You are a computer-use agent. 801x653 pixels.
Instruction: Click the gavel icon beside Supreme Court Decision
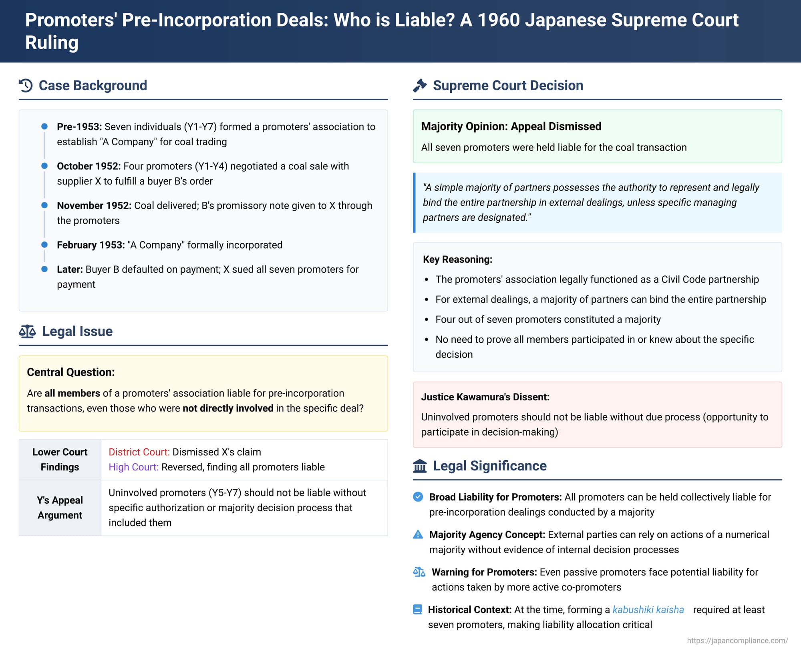[x=420, y=85]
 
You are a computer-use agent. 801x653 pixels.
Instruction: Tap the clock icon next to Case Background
[x=26, y=85]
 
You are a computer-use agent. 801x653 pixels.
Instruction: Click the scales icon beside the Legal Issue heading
[x=27, y=331]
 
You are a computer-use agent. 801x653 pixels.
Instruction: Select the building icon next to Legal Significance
[x=420, y=466]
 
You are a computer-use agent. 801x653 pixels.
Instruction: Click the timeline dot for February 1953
[x=44, y=245]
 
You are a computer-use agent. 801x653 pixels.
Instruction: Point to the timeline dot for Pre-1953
[x=44, y=127]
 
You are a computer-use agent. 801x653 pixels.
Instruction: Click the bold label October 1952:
[x=89, y=166]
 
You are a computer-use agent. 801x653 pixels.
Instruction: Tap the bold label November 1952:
[x=94, y=205]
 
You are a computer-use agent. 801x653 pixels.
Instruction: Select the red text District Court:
[x=139, y=452]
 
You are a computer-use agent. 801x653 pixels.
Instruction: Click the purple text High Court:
[x=133, y=467]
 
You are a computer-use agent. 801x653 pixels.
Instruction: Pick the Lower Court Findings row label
[x=60, y=459]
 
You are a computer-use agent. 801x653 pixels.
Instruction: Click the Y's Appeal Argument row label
[x=60, y=507]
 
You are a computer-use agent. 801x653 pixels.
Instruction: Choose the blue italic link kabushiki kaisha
[x=648, y=609]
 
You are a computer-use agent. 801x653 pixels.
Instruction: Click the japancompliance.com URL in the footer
[x=737, y=641]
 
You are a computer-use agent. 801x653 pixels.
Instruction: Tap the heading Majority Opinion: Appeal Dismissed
[x=511, y=126]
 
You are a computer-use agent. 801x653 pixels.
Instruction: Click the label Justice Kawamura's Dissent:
[x=485, y=397]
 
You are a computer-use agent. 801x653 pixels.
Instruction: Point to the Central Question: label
[x=70, y=372]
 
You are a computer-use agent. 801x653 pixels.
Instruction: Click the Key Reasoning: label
[x=457, y=259]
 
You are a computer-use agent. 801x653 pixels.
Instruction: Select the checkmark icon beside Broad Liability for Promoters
[x=418, y=497]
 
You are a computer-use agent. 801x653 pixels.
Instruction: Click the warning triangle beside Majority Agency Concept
[x=418, y=534]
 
